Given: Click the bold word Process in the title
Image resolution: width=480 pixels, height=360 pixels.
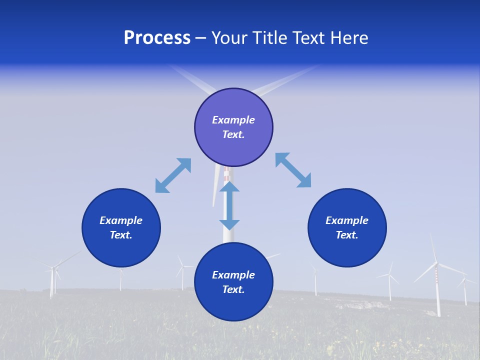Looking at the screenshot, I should pos(157,38).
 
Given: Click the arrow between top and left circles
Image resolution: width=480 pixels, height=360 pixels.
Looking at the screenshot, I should pos(173,175).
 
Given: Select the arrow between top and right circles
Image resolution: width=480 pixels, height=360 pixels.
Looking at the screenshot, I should pos(293,170).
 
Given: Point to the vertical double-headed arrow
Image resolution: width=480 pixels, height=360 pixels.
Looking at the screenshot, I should pos(229,205).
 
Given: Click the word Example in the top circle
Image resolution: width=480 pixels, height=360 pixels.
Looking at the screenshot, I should pos(233,120).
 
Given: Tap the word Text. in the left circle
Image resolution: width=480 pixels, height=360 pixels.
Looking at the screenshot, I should pos(121,235).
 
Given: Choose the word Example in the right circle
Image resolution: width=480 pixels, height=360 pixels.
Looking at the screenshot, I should pos(347,220).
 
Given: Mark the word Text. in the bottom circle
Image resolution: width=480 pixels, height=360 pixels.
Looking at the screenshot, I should pos(233,289).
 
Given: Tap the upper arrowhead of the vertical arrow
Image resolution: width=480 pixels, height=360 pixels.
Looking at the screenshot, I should pos(229,187).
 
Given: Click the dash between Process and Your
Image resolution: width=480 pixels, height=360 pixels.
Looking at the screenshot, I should pos(201,38).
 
